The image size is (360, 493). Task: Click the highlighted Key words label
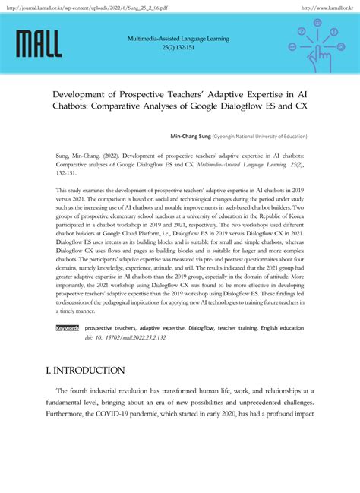click(67, 329)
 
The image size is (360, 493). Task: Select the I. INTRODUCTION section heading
click(84, 371)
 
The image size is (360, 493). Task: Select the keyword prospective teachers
click(110, 329)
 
